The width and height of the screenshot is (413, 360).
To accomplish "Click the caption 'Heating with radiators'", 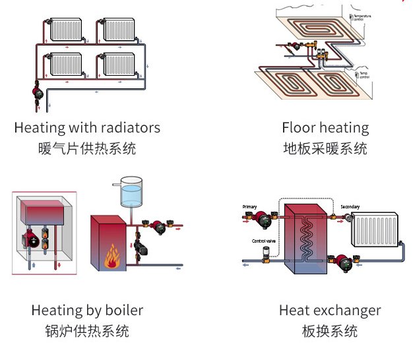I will (x=87, y=127).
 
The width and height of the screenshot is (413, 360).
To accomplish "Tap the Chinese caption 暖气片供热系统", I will (x=87, y=148).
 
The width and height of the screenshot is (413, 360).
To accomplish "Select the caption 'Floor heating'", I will (x=325, y=127).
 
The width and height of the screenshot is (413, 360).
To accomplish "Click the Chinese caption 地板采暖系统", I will (x=325, y=148).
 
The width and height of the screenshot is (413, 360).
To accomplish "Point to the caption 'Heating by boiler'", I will (x=87, y=310).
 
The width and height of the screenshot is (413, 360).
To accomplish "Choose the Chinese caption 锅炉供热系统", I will (x=87, y=330).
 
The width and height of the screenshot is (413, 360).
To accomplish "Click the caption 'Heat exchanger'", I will (x=330, y=310).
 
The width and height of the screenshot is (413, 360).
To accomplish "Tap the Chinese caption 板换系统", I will (x=330, y=330).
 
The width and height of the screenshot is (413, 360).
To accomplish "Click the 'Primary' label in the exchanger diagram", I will (x=250, y=207).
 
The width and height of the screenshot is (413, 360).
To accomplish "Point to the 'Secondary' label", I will (x=350, y=207).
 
